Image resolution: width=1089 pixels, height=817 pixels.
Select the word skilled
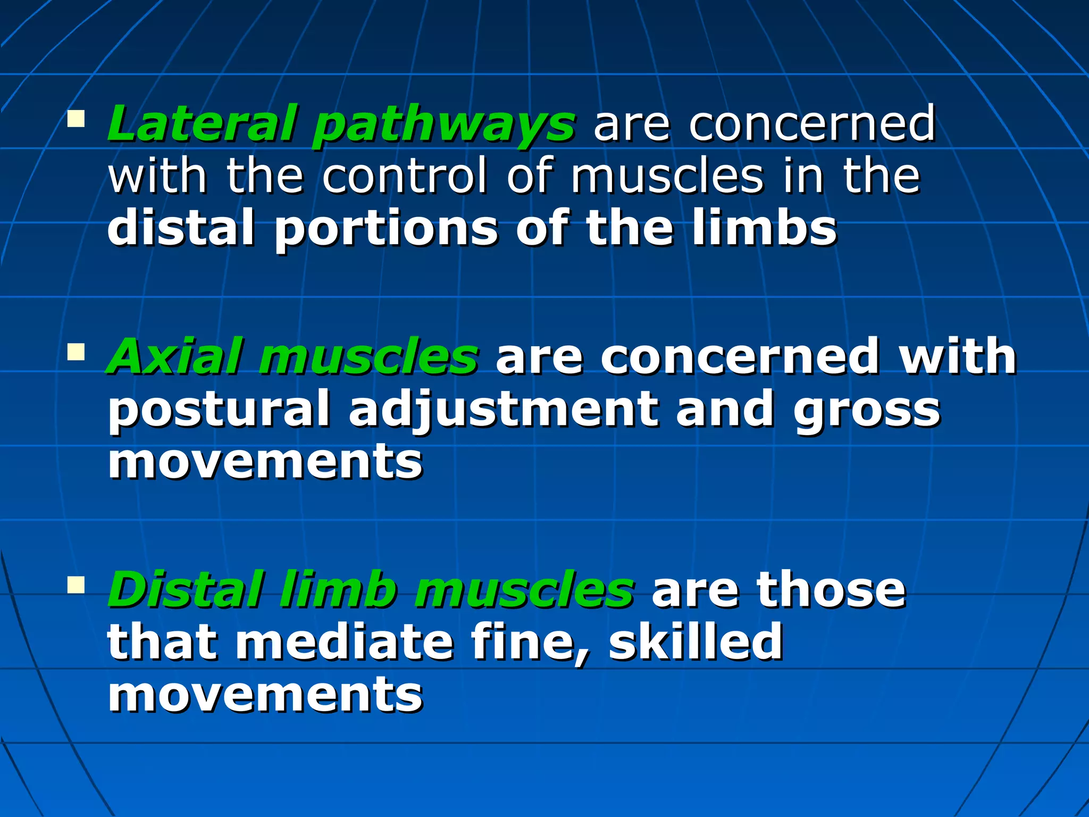(x=696, y=641)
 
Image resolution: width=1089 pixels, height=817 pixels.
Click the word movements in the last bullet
(x=265, y=695)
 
